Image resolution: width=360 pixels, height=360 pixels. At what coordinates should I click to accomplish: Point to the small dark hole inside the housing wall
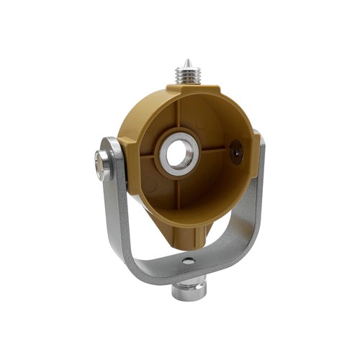point(233,152)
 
